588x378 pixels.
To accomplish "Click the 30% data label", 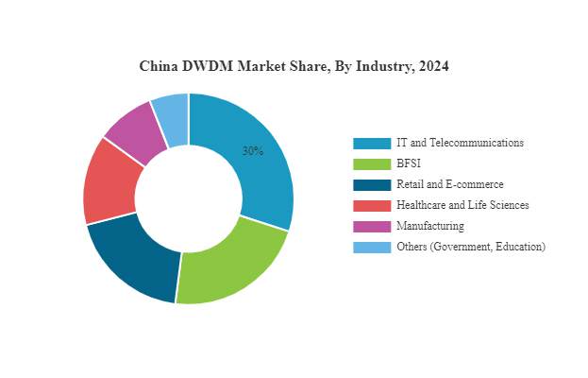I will point(252,151).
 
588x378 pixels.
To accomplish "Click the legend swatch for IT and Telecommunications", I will point(372,144).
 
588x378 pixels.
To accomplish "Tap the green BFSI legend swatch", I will point(372,164).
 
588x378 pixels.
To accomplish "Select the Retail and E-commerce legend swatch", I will point(372,185).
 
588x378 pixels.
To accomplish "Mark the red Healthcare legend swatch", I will point(372,206).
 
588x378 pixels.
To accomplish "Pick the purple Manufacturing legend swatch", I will point(372,227).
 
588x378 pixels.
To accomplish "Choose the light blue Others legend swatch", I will point(372,248).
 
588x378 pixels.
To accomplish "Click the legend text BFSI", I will point(409,164).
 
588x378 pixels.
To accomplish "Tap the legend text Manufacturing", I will point(430,227).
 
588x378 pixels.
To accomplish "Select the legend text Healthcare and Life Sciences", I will point(462,206).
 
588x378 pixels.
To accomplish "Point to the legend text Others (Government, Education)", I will point(471,248).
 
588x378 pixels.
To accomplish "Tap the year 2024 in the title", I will point(432,67).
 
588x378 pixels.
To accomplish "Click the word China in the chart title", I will point(159,67).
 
